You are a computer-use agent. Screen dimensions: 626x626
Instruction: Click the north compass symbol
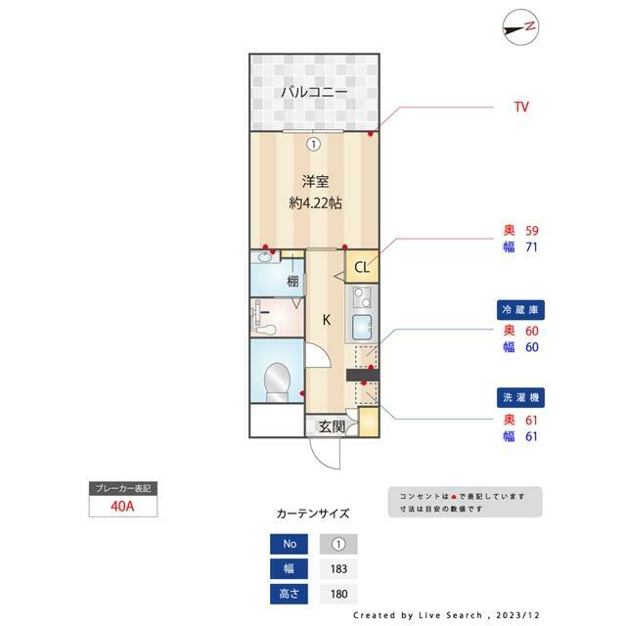tap(520, 27)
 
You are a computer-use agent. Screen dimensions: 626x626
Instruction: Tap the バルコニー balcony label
tap(314, 92)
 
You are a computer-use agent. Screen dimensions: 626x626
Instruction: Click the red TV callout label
tap(521, 107)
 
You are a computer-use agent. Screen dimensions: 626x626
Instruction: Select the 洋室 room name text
tap(315, 182)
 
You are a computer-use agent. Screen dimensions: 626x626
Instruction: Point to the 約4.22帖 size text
tap(315, 203)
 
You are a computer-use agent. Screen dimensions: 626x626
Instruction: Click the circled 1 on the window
tap(314, 144)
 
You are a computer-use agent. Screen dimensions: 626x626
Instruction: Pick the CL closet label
tap(362, 267)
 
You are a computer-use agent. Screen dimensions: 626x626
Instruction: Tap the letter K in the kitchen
tap(327, 320)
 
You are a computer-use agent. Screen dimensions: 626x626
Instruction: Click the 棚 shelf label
tap(292, 282)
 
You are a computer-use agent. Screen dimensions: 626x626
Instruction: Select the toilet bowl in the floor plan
tap(278, 382)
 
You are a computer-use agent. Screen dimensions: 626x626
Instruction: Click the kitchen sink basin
tap(362, 327)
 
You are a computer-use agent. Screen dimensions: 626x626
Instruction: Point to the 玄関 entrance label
tap(332, 426)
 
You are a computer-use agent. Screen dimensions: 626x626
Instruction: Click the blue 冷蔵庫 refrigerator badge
tap(520, 310)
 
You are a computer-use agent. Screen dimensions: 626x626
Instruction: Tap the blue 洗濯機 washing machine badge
tap(520, 398)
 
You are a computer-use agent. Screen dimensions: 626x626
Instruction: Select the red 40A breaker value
tap(122, 507)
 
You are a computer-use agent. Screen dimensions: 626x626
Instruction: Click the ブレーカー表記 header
tap(123, 489)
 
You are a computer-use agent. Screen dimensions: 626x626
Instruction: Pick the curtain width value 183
tap(338, 569)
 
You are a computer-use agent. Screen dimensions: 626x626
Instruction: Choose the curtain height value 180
tap(338, 594)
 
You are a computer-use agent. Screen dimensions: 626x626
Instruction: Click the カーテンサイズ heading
tap(313, 514)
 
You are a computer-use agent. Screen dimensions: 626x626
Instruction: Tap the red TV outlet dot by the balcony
tap(371, 134)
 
